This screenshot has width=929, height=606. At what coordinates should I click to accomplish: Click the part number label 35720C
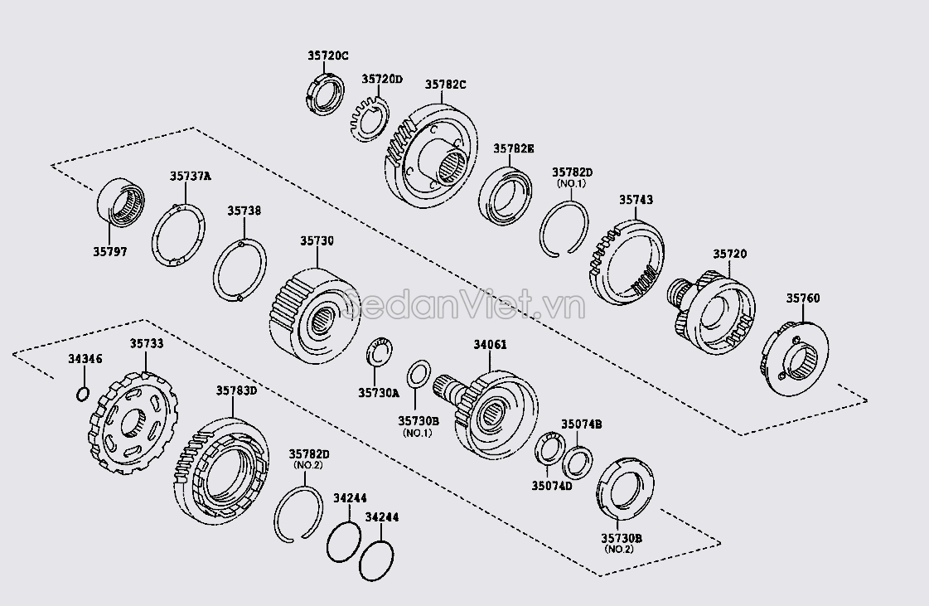[328, 56]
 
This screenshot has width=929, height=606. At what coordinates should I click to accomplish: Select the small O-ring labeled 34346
[81, 393]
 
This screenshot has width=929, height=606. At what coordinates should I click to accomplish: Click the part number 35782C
[446, 84]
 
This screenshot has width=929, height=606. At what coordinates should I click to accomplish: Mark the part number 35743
[636, 200]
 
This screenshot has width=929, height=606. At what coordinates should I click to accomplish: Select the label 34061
[490, 344]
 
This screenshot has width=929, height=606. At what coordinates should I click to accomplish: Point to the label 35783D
[237, 390]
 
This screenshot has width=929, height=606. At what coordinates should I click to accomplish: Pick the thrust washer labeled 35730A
[380, 351]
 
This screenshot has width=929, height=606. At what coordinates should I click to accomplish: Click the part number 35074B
[581, 424]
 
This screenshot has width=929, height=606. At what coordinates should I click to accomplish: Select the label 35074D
[552, 487]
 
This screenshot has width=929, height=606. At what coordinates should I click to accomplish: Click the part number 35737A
[191, 176]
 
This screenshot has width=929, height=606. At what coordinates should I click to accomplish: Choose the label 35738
[244, 211]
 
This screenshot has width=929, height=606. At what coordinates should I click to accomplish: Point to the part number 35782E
[514, 148]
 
